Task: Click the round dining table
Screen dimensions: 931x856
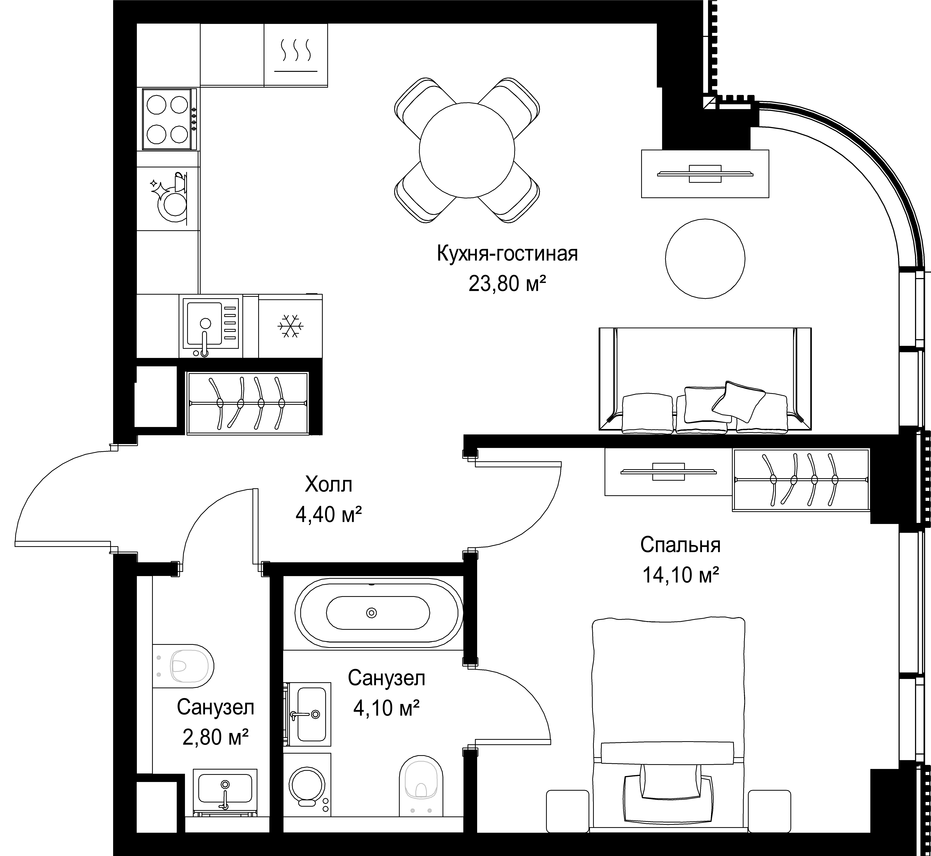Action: pyautogui.click(x=467, y=150)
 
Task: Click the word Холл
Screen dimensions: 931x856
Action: pyautogui.click(x=328, y=485)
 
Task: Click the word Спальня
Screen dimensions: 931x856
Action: pyautogui.click(x=680, y=545)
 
